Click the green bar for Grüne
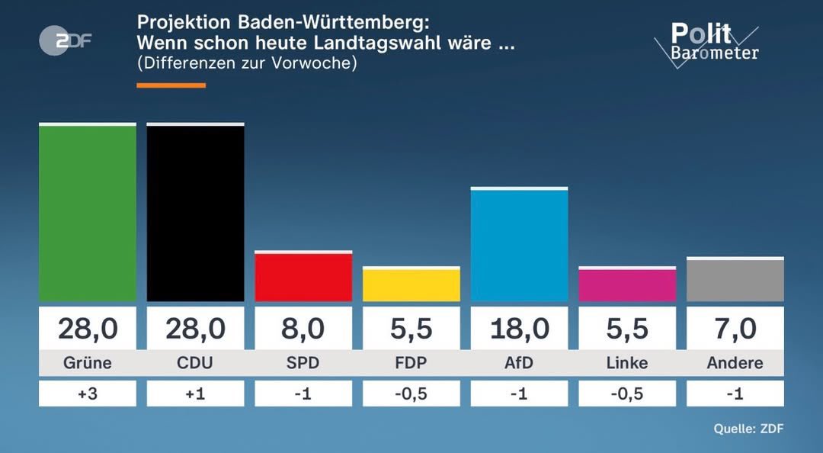tap(88, 213)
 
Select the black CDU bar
tap(195, 213)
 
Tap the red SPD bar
tap(303, 277)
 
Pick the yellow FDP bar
tap(411, 285)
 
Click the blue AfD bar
tap(519, 245)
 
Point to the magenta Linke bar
tap(627, 285)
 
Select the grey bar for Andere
tap(735, 281)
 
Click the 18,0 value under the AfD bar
tap(519, 329)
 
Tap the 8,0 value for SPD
tap(303, 329)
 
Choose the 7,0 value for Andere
tap(735, 329)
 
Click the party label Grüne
tap(88, 363)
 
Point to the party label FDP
tap(411, 363)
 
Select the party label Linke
tap(627, 363)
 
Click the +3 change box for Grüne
tap(88, 394)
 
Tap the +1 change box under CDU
tap(195, 394)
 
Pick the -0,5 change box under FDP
tap(411, 394)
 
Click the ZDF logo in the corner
tap(66, 40)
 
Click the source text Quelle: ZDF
tap(748, 429)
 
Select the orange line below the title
tap(171, 85)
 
